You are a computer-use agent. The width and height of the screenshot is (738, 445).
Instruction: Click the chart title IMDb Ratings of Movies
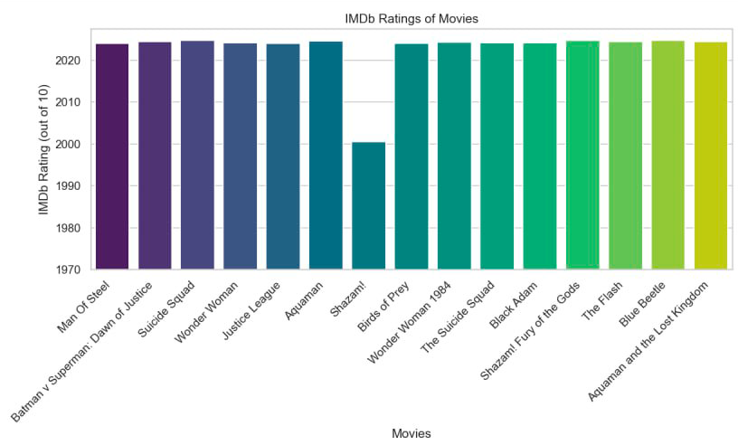[x=412, y=18]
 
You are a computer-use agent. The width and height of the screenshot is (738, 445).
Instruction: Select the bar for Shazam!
[x=368, y=205]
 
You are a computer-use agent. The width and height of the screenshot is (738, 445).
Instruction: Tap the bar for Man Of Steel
[x=111, y=156]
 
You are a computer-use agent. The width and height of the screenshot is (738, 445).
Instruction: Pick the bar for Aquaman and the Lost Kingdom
[x=710, y=155]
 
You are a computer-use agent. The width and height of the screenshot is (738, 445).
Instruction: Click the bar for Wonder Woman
[x=240, y=156]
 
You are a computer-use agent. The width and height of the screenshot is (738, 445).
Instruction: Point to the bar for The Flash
[x=625, y=155]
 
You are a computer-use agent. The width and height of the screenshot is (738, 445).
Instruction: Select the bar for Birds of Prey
[x=411, y=156]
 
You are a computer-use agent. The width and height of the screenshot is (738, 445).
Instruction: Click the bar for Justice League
[x=282, y=156]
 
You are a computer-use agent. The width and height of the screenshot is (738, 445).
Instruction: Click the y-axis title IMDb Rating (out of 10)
[x=43, y=149]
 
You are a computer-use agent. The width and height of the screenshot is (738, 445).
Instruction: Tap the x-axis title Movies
[x=412, y=433]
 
